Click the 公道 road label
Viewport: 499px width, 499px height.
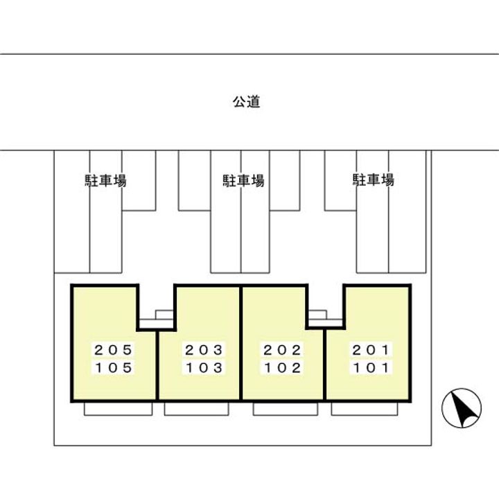point(246,102)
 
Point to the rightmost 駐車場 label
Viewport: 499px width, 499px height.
point(374,180)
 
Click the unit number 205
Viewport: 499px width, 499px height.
point(113,350)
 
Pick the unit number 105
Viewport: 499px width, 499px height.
point(113,368)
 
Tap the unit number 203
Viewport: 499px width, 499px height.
point(203,350)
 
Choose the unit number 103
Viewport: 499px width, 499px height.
point(203,368)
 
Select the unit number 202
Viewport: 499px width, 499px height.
point(281,350)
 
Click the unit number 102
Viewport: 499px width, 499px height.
point(281,368)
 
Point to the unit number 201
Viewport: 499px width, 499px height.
point(371,350)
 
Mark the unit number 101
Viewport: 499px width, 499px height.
point(371,368)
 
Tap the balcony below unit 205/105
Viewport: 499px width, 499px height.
point(118,409)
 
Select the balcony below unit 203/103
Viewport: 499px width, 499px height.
point(197,409)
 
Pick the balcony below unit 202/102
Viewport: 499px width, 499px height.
point(285,409)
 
